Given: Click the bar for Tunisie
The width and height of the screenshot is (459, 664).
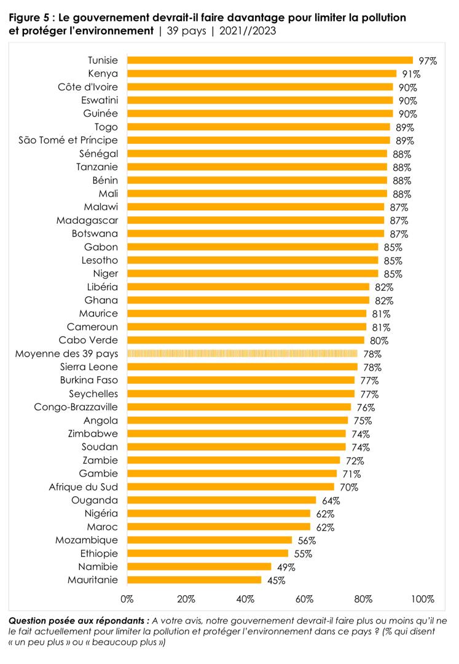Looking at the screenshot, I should (x=270, y=60).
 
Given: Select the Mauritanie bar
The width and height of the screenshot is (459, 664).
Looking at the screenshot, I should (x=194, y=579).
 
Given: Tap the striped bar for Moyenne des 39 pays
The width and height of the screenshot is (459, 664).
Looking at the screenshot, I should (x=242, y=354).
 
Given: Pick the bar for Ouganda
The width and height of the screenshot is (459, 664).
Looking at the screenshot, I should (x=221, y=500).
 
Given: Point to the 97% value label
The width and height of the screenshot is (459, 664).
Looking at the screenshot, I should (x=427, y=61).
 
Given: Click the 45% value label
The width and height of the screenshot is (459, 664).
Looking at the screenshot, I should (x=275, y=580).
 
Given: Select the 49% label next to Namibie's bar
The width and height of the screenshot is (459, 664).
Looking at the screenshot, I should (x=286, y=566).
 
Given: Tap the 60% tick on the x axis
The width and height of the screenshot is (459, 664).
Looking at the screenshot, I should (x=304, y=598).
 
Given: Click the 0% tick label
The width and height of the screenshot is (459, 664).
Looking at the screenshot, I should (x=127, y=598).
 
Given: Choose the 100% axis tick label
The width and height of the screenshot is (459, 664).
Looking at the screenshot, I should (x=423, y=598).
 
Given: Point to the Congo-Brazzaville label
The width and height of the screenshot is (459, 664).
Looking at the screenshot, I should (x=76, y=407).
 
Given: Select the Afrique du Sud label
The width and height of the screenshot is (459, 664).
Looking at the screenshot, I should (x=84, y=487).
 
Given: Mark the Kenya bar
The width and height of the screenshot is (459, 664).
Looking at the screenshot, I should (x=261, y=74).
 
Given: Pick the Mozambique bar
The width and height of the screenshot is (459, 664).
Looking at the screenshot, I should (x=210, y=540).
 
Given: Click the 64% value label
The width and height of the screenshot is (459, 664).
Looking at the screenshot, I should (x=330, y=500).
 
